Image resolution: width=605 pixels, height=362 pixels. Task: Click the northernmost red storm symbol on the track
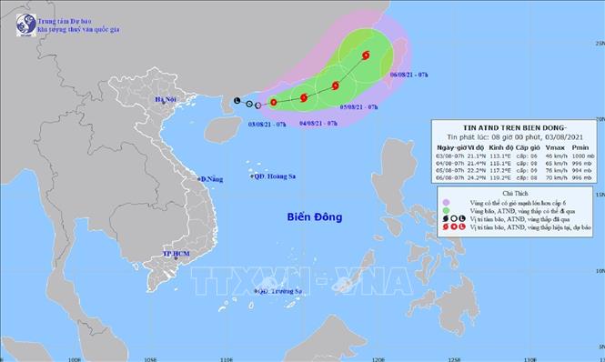point(366,55)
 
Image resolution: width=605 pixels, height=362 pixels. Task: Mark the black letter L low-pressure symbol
point(237,100)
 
